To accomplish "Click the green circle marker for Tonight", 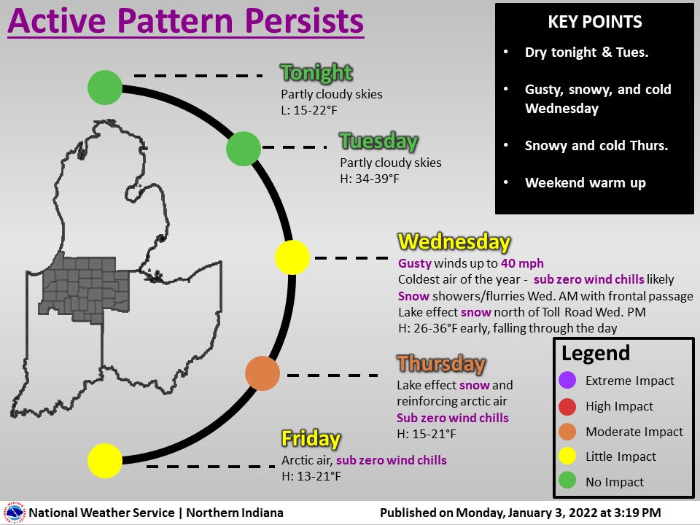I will coord(105,87).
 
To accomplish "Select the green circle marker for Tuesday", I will coord(244,149).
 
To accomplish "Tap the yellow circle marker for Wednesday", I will coord(292,257).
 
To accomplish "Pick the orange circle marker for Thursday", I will coord(262,373).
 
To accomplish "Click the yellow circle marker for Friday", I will coord(105,460).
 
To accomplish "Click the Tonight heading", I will coord(316,73).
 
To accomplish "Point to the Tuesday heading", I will coord(378,141).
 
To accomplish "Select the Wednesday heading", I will coord(454,242).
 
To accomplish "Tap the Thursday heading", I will coord(440,363).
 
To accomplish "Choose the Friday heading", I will coord(311,439).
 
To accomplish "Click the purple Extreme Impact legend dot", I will coord(569,380).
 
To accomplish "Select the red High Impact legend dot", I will coord(569,406).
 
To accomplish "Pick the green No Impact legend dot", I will coord(569,481).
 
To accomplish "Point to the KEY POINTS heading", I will coord(594,23).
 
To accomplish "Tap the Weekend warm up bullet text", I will coord(585,183).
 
